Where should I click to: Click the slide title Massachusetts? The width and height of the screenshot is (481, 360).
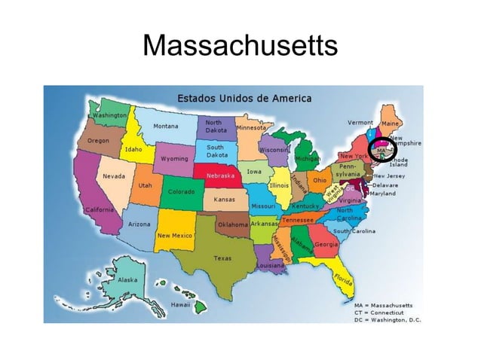tap(240, 47)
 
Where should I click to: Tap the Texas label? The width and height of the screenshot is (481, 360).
tap(222, 258)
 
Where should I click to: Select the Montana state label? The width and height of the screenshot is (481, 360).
tap(166, 126)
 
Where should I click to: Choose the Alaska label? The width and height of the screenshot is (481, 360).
tap(127, 279)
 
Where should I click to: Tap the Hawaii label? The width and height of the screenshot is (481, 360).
tap(180, 306)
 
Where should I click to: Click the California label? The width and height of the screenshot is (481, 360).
tap(99, 209)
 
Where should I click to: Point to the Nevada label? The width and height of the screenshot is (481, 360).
tap(114, 176)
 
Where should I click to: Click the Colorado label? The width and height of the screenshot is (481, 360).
tap(181, 191)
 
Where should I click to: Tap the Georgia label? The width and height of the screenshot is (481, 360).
tap(326, 245)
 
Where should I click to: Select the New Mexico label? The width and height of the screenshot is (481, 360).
tap(174, 235)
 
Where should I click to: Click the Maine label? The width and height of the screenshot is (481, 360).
tap(391, 123)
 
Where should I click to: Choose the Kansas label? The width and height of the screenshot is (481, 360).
tap(225, 200)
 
